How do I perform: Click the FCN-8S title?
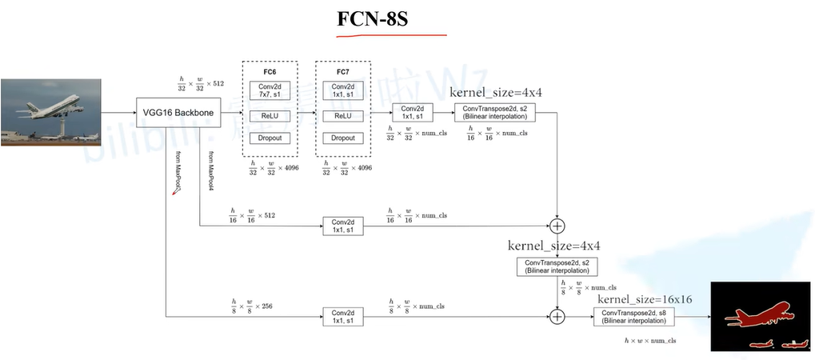373,18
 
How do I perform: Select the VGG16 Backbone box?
178,114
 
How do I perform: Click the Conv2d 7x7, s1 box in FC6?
269,91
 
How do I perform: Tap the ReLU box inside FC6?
269,116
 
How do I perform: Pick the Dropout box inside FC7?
343,138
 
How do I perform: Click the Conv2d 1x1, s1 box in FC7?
343,91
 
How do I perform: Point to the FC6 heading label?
269,72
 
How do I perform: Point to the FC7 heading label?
343,72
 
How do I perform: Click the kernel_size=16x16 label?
645,298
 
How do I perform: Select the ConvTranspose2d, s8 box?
634,317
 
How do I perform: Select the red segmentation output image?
761,317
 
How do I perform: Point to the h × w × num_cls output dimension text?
649,340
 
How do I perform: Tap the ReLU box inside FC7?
343,116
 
